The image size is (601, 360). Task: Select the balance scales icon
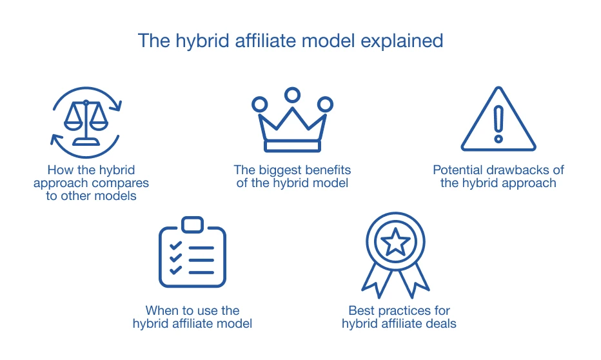tap(86, 123)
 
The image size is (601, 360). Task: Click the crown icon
tap(293, 120)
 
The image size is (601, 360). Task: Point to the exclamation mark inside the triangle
tap(498, 125)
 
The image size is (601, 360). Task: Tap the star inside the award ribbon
tap(395, 242)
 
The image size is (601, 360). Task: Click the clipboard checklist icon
tap(192, 252)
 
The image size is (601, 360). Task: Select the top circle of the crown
tap(293, 95)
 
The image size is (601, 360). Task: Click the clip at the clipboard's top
tap(192, 225)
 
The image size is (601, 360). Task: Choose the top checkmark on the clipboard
tap(175, 245)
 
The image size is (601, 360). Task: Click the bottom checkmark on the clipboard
tap(175, 270)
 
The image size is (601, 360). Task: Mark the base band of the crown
tap(293, 146)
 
